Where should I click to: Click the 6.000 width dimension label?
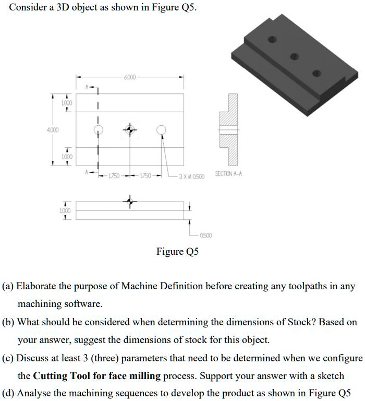click(129, 77)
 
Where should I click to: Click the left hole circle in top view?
click(98, 129)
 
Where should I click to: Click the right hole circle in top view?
click(162, 129)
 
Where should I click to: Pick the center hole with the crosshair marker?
click(130, 129)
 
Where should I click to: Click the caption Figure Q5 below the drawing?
click(178, 252)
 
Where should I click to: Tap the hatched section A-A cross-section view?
click(228, 128)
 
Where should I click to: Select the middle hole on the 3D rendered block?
click(294, 56)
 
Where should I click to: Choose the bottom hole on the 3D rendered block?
click(316, 74)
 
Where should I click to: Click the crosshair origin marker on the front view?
click(130, 201)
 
